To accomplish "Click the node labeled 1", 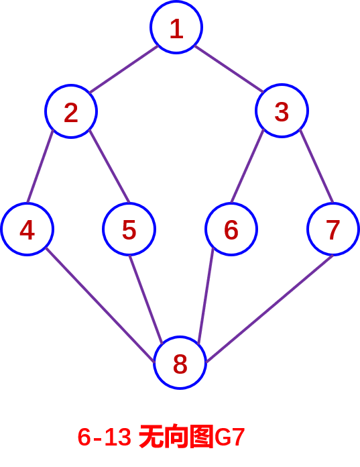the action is (x=176, y=28).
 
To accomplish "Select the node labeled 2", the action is (x=71, y=111).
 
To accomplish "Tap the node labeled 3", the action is (x=282, y=111).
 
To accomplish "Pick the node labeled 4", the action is (x=27, y=229).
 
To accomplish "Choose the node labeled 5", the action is (x=129, y=229).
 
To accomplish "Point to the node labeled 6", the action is (x=231, y=229).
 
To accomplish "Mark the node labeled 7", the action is (x=333, y=229).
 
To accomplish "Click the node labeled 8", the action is (x=180, y=363).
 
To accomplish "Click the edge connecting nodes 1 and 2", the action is (x=123, y=69).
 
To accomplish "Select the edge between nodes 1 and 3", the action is (x=229, y=69).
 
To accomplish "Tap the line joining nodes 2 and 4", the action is (x=40, y=166).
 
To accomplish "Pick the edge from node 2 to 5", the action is (x=109, y=166).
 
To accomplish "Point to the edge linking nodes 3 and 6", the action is (x=247, y=166).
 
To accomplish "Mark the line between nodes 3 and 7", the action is (x=316, y=166).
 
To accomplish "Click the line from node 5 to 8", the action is (x=145, y=300).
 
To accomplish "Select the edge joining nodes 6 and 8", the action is (x=206, y=296).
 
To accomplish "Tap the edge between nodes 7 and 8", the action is (x=269, y=309).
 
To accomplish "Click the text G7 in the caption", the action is (x=229, y=437).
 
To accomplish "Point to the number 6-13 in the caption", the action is (x=104, y=437).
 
